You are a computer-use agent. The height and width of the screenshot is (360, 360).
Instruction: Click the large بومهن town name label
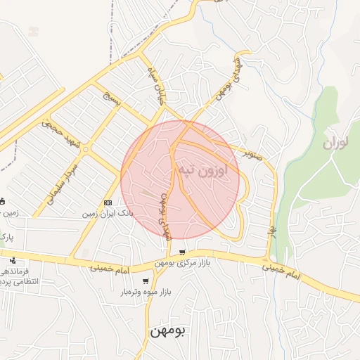pos(167,330)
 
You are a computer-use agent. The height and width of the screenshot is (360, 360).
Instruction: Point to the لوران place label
pos(336,144)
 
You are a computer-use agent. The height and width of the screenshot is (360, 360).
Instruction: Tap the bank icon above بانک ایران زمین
pos(108,202)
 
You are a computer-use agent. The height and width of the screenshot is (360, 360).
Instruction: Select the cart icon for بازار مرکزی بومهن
pos(182,253)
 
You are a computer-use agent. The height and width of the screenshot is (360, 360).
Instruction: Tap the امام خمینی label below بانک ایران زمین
pos(111,267)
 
